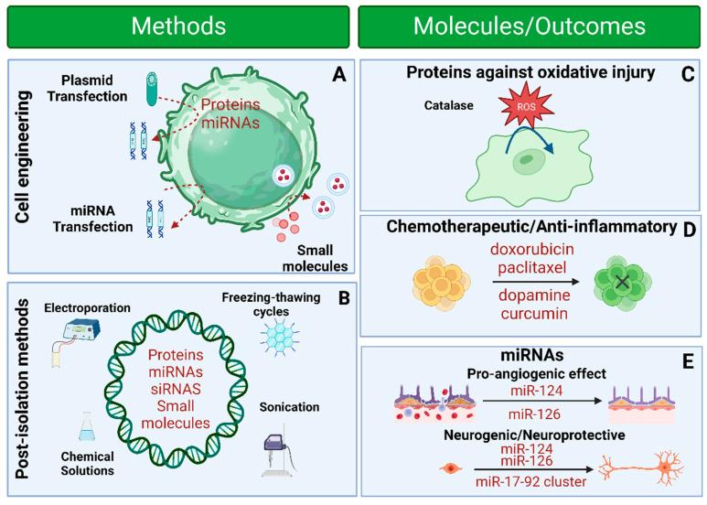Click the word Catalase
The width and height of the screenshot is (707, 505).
423,106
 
